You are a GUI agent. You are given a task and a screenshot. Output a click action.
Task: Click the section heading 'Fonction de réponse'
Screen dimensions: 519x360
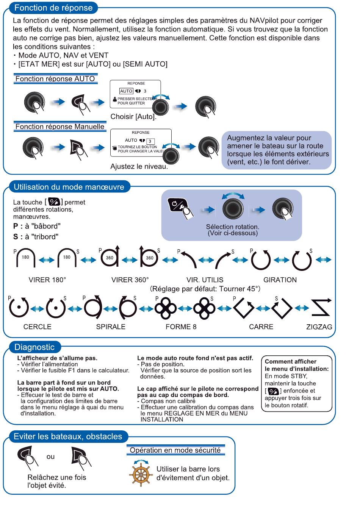53,8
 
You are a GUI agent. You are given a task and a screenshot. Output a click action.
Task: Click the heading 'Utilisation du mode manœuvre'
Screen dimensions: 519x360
69,187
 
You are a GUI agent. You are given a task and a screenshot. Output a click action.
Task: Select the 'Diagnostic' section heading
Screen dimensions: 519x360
34,347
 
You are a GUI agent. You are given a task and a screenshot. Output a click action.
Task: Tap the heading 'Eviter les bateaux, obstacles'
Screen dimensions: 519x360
68,436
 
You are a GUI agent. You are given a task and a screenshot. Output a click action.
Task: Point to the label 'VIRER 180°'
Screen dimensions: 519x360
47,280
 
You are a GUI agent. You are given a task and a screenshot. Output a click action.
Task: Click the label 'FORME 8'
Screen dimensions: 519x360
181,327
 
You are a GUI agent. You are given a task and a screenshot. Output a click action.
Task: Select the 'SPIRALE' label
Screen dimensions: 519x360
111,327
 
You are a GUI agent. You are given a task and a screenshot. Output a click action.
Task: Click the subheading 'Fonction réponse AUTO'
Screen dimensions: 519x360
55,79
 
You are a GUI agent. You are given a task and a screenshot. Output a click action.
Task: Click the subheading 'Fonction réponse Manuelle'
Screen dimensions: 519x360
60,127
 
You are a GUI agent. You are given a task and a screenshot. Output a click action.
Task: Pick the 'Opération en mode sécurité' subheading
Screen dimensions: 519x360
175,450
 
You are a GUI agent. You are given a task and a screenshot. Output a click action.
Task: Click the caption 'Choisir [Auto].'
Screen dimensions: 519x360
133,117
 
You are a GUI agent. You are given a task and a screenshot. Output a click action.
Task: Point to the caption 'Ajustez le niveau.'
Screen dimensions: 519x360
139,166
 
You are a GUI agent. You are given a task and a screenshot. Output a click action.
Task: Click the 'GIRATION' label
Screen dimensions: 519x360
280,280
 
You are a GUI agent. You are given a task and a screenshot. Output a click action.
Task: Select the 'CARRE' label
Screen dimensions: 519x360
261,327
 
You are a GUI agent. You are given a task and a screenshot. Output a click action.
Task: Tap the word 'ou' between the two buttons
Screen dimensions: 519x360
50,456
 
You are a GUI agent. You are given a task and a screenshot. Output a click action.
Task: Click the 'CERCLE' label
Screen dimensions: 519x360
37,327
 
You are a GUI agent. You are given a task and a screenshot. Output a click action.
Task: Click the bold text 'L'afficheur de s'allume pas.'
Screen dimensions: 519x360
57,358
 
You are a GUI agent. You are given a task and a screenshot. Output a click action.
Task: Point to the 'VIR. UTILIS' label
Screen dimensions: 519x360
205,280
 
